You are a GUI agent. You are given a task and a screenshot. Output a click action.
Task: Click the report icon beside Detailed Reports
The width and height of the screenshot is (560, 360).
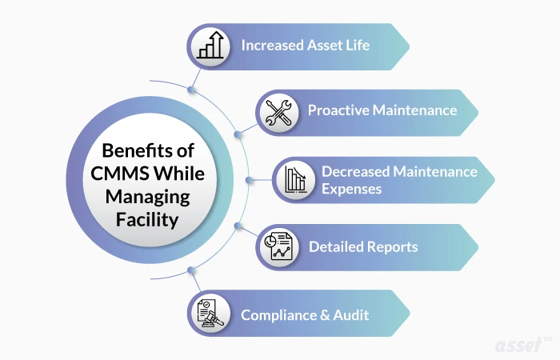tap(279, 246)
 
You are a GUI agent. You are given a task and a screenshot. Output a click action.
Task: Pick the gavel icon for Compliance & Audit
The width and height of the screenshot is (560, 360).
tap(210, 314)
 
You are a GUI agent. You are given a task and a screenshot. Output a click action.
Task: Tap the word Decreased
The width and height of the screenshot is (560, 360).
tap(358, 171)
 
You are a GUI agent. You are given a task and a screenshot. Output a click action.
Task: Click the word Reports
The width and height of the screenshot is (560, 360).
tap(394, 246)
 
